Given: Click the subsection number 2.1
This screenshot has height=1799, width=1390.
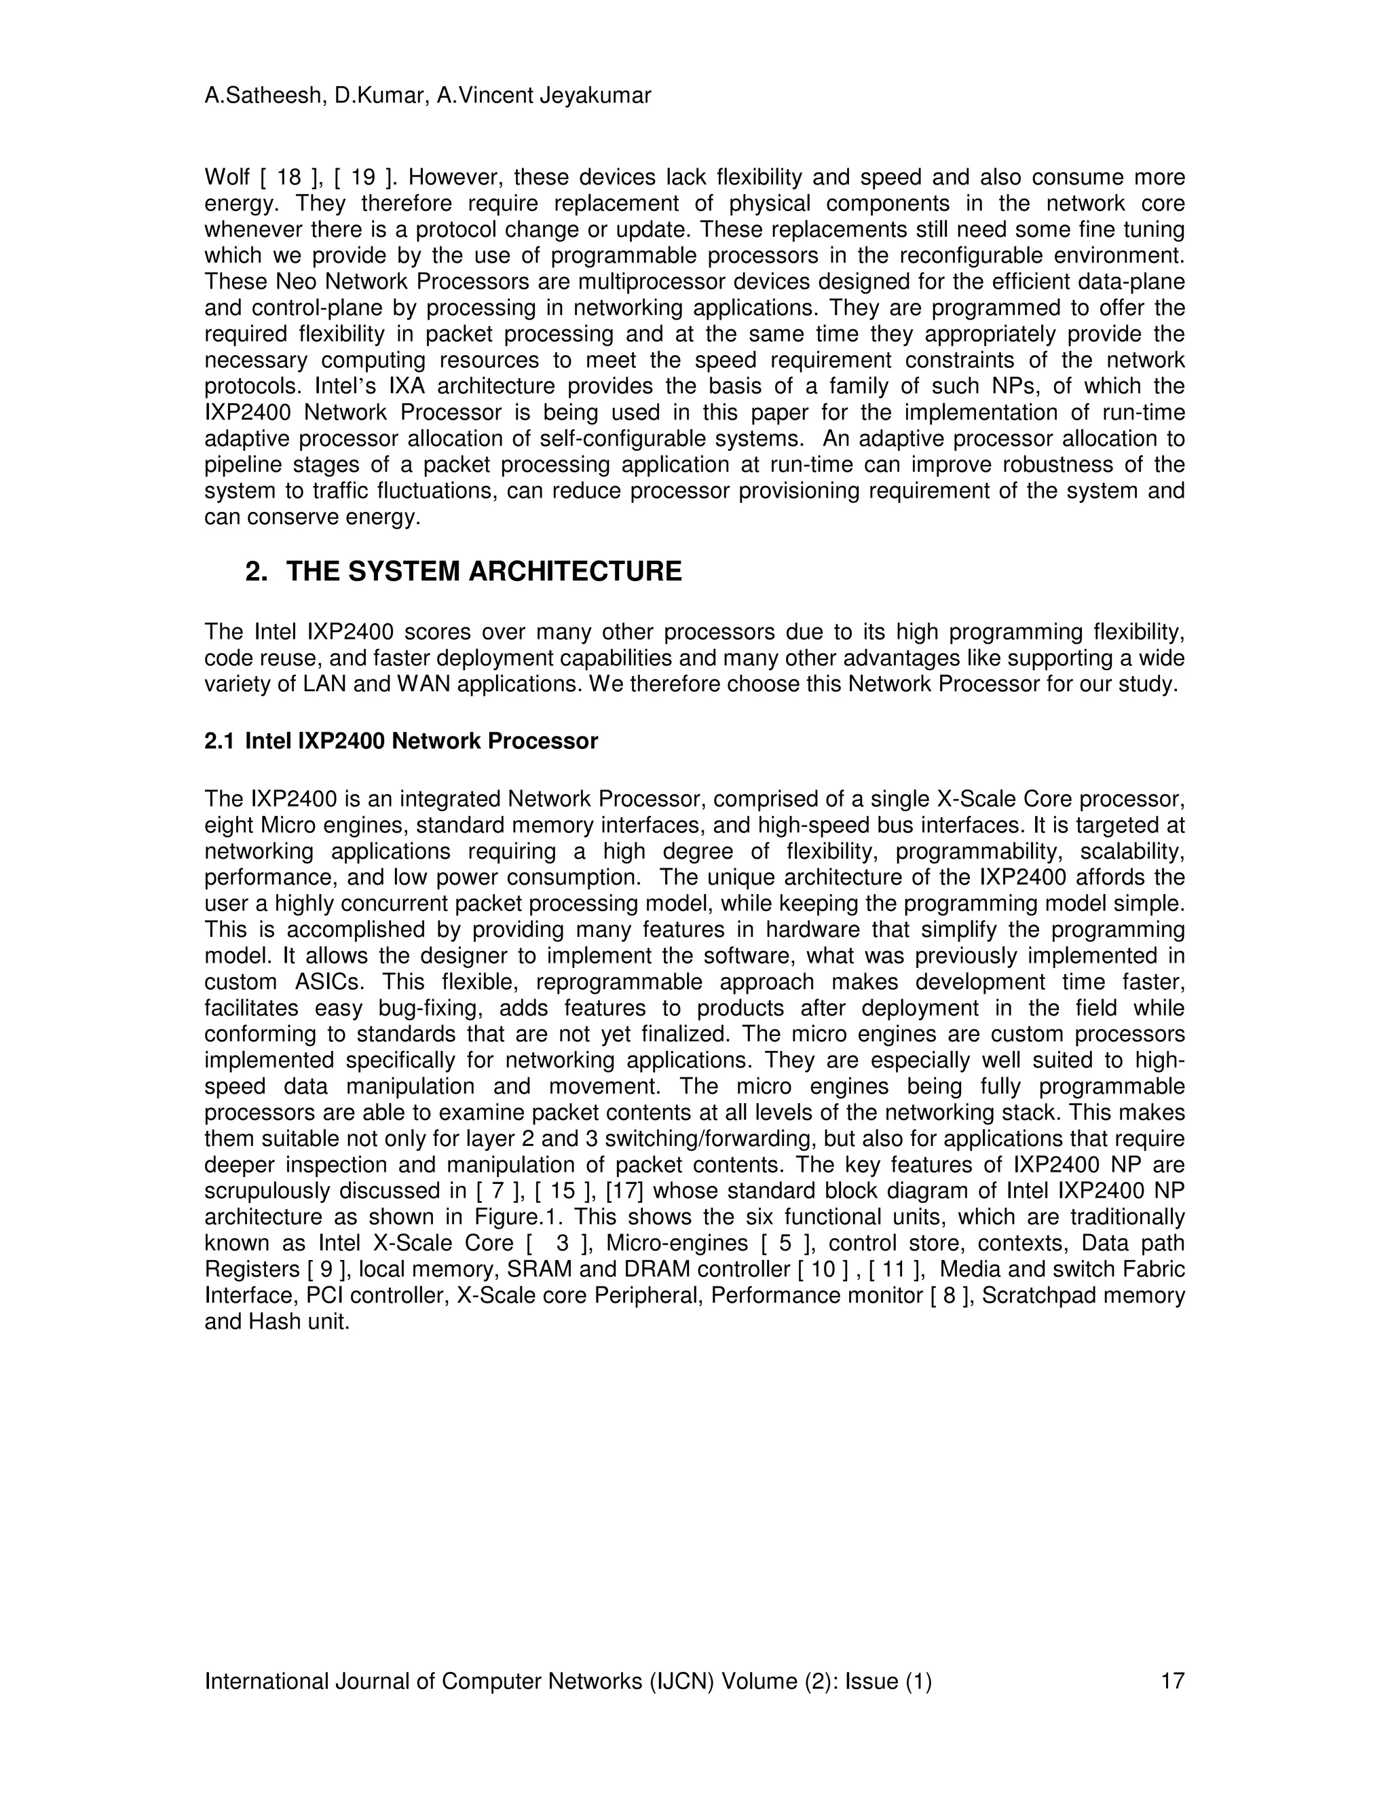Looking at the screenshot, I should [x=219, y=741].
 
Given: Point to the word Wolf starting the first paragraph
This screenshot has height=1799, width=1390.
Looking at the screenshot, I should [x=227, y=178].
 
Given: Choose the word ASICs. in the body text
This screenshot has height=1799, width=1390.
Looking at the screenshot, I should [x=324, y=983].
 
